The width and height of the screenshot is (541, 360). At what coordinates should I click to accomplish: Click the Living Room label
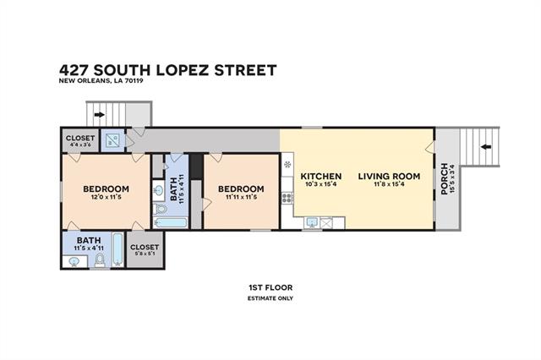pyautogui.click(x=389, y=177)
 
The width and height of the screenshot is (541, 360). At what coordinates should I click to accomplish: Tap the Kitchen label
pyautogui.click(x=321, y=177)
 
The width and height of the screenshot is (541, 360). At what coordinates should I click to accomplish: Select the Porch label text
pyautogui.click(x=445, y=178)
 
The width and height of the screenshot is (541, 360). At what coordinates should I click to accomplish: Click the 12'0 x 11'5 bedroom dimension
pyautogui.click(x=106, y=197)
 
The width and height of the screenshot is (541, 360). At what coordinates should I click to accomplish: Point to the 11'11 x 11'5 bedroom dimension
pyautogui.click(x=241, y=197)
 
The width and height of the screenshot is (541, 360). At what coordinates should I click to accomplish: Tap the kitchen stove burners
pyautogui.click(x=287, y=198)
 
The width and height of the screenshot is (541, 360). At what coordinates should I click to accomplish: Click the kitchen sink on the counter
pyautogui.click(x=312, y=222)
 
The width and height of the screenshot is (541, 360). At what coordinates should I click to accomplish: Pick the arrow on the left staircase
pyautogui.click(x=100, y=114)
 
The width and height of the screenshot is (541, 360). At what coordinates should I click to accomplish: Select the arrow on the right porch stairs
pyautogui.click(x=486, y=147)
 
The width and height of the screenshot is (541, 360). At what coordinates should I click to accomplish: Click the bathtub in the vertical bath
pyautogui.click(x=170, y=222)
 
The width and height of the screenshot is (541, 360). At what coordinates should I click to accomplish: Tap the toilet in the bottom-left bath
pyautogui.click(x=100, y=260)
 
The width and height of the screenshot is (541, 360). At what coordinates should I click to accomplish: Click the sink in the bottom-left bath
pyautogui.click(x=74, y=261)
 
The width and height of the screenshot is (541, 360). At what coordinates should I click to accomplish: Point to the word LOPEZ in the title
pyautogui.click(x=183, y=70)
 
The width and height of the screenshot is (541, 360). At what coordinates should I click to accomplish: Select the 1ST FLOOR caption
pyautogui.click(x=270, y=287)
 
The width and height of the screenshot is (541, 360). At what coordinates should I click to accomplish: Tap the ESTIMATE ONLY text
pyautogui.click(x=270, y=298)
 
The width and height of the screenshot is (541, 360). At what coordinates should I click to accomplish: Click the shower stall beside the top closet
pyautogui.click(x=112, y=139)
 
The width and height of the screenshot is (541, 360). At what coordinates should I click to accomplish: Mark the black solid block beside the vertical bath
pyautogui.click(x=196, y=166)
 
